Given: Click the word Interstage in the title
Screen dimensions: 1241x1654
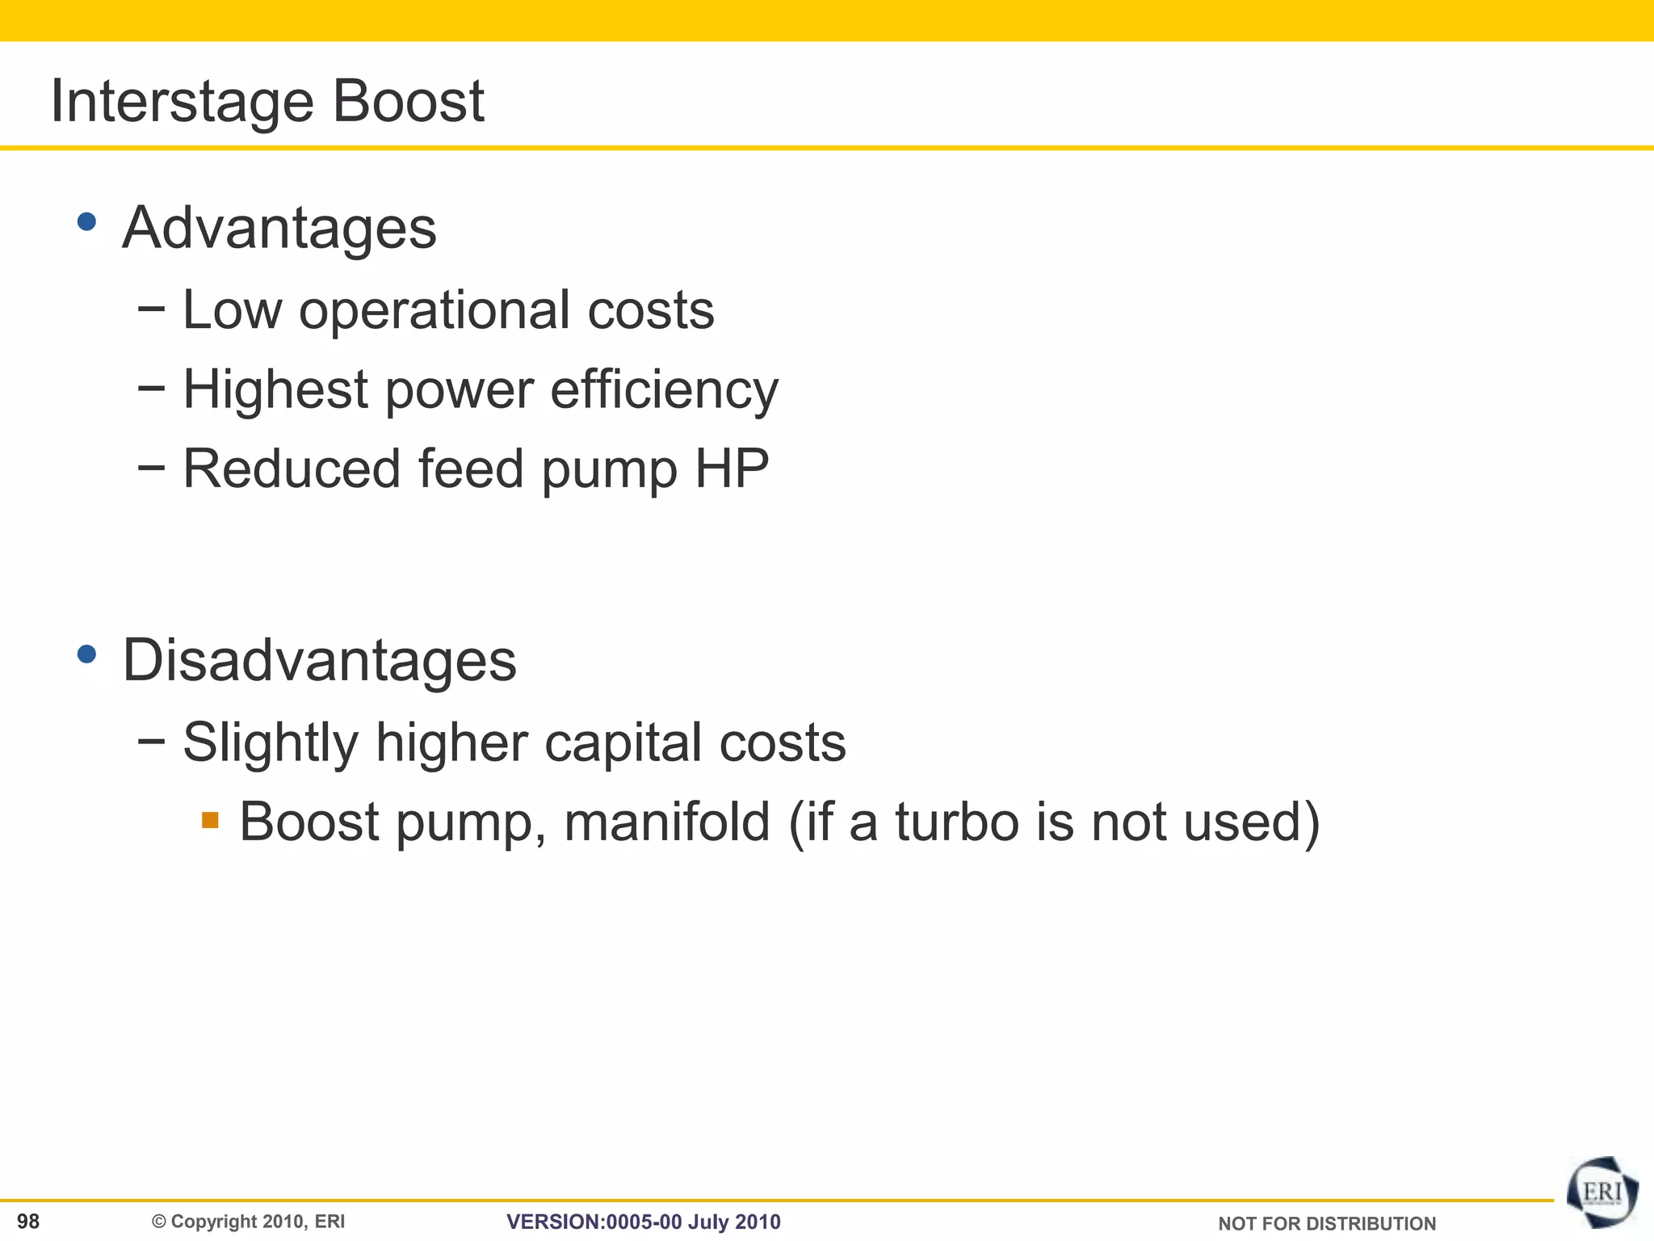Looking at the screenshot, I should (182, 102).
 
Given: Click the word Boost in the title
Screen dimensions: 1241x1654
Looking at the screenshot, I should (408, 102).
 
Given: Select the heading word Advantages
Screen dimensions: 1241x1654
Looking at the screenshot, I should (279, 228).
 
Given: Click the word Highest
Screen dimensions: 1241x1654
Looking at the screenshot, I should (275, 390).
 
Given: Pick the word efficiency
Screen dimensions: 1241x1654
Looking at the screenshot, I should (664, 390).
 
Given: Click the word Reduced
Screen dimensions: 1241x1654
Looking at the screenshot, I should (292, 469).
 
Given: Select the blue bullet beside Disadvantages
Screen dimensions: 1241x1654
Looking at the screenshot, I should (87, 654).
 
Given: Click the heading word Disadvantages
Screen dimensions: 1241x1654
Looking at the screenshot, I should (319, 661).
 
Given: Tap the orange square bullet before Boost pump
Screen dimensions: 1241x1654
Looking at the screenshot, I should (211, 821).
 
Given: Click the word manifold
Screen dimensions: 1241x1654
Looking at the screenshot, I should (667, 822).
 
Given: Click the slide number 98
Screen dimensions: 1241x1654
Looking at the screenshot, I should (28, 1222).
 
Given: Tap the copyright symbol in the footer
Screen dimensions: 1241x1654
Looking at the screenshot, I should (159, 1222).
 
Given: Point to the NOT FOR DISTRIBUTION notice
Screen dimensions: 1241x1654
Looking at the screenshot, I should (1327, 1224).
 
